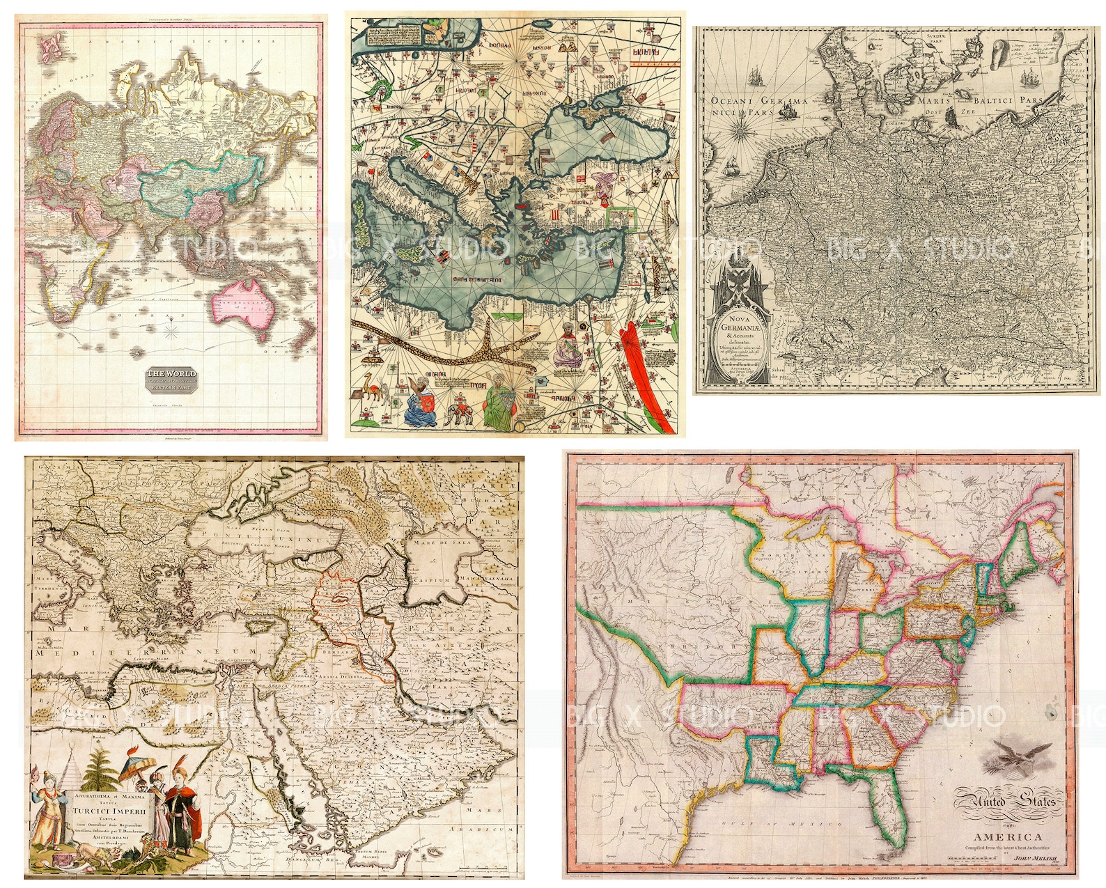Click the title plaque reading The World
coord(171,380)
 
